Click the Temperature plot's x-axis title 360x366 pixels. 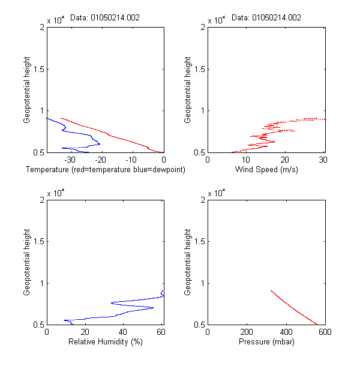[x=106, y=170]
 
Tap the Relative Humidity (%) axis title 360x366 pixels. [x=105, y=343]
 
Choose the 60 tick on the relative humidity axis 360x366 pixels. [x=161, y=332]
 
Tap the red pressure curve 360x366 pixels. [x=294, y=308]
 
